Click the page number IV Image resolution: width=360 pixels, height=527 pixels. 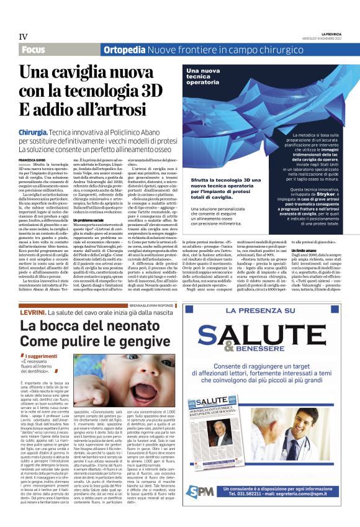tap(24, 37)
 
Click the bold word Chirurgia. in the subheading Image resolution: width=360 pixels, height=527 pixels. tap(36, 133)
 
